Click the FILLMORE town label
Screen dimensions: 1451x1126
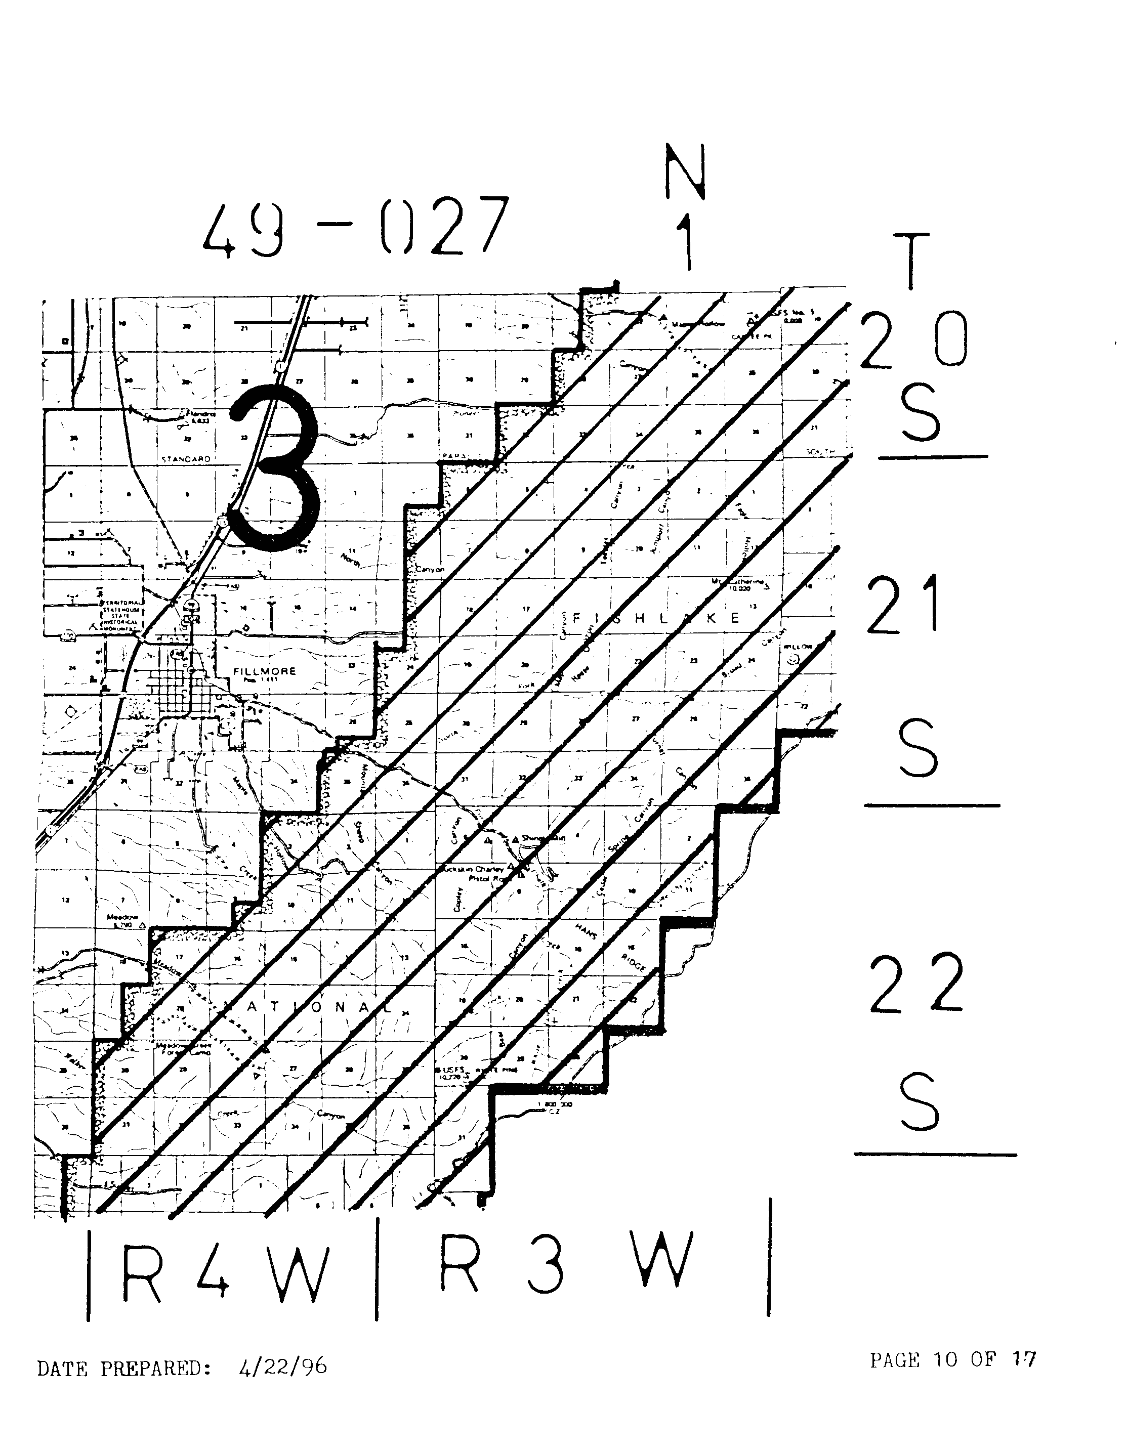tap(265, 671)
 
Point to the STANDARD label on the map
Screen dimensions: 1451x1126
tap(186, 459)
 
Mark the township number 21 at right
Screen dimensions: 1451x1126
tap(903, 605)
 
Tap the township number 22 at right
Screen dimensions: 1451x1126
tap(916, 984)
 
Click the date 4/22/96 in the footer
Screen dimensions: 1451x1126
tap(282, 1368)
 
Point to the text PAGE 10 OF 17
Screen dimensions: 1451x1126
tap(952, 1360)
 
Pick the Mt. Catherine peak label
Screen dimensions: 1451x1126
tap(738, 583)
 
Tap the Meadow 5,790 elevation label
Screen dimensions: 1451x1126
tap(121, 920)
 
